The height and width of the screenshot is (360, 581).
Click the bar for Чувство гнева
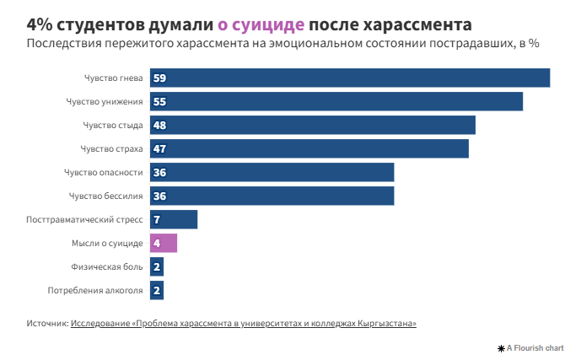tap(350, 78)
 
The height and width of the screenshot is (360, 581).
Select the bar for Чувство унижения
tap(336, 101)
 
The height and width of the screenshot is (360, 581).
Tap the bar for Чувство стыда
tap(313, 125)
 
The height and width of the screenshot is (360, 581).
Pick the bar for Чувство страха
tap(309, 148)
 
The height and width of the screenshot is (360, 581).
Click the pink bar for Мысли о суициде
tap(164, 244)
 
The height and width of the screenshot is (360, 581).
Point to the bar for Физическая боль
tap(157, 267)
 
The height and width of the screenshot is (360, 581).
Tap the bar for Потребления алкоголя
tap(157, 291)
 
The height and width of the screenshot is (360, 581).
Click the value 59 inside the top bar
tap(159, 78)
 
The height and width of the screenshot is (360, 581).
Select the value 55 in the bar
tap(159, 102)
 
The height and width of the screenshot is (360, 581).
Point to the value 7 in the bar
tap(157, 220)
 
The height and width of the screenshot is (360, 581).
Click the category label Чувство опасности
tap(103, 173)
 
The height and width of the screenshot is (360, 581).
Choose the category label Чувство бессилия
tap(105, 196)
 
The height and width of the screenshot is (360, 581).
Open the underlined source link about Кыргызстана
tap(244, 323)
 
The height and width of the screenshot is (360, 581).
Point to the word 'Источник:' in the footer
tap(47, 323)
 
